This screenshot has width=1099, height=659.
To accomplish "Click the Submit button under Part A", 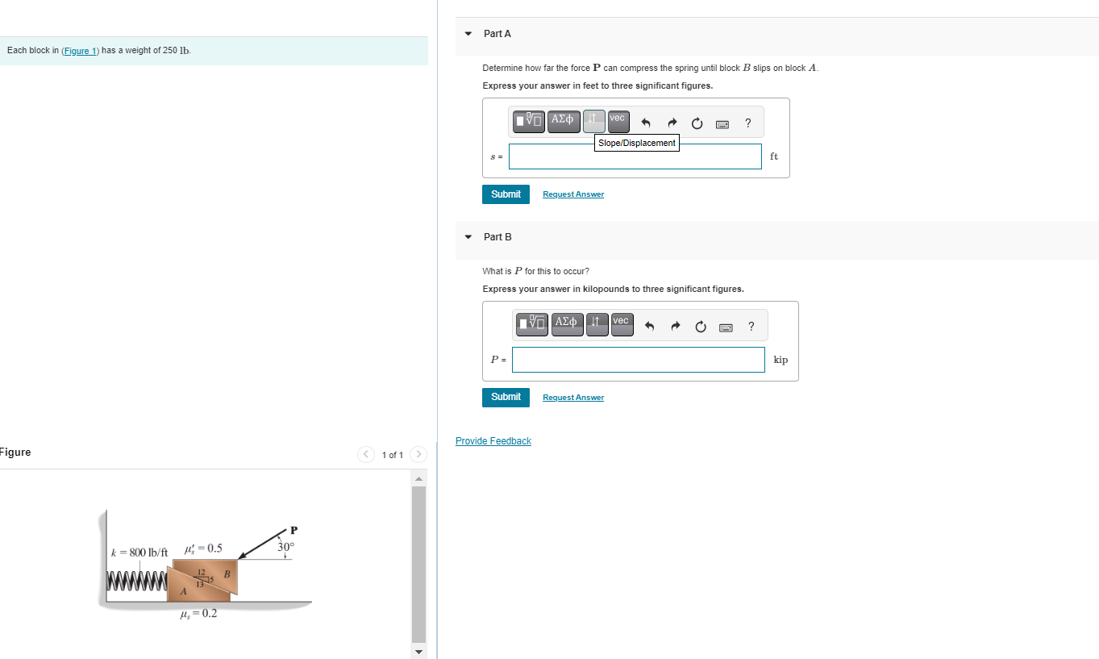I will [506, 194].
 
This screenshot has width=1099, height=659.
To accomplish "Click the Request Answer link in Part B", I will [572, 398].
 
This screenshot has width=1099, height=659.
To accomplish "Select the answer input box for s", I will [635, 156].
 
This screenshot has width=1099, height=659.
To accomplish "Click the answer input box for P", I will [638, 360].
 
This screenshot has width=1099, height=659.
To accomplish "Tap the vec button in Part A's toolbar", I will [618, 121].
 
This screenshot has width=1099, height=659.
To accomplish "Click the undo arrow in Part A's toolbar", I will [646, 123].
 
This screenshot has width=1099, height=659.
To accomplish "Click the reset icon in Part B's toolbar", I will [700, 327].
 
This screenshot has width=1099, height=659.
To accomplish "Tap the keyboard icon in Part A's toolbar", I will [722, 123].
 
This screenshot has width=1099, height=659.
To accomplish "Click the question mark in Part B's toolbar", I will [751, 327].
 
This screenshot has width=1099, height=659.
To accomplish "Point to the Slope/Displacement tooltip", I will [637, 143].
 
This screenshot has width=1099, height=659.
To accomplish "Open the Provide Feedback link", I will [493, 441].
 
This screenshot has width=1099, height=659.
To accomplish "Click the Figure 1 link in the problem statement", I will [80, 51].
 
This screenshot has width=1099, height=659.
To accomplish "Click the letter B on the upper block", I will [227, 573].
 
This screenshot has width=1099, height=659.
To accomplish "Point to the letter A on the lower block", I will [184, 591].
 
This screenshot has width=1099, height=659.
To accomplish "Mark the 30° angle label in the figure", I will [286, 547].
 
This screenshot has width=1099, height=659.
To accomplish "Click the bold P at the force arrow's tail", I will [293, 530].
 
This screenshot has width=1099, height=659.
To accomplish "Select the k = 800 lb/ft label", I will [139, 553].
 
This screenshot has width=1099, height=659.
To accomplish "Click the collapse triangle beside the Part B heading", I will [468, 237].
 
